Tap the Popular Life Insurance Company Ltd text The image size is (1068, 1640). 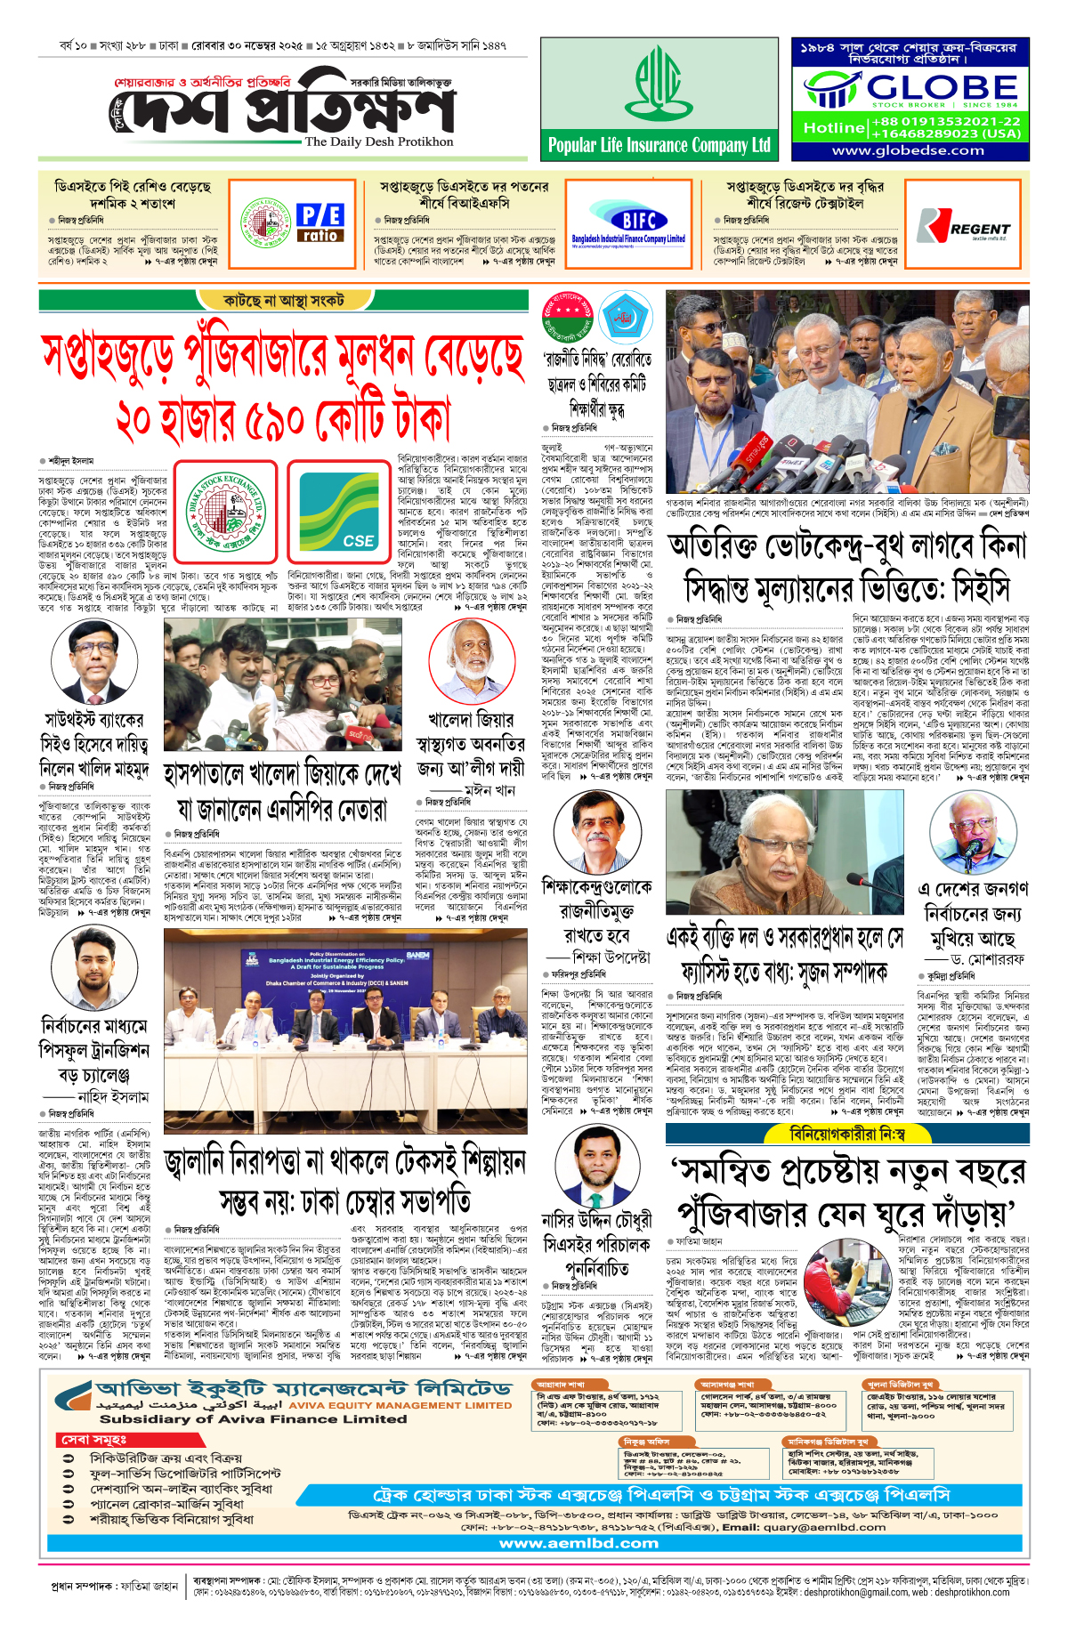click(659, 145)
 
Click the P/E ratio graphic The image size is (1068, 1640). click(320, 222)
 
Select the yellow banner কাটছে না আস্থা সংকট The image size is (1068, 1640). click(284, 301)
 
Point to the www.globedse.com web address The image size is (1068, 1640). click(908, 150)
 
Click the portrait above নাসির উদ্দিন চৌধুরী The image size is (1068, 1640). click(596, 1165)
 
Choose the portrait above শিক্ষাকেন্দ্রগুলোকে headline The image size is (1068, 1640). click(596, 834)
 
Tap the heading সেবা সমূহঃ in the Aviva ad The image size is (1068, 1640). click(94, 1439)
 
